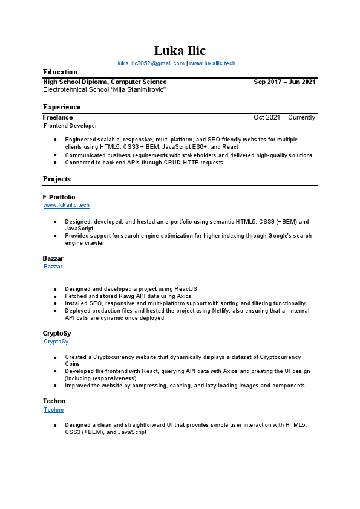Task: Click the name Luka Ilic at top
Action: [x=180, y=50]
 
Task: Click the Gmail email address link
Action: [x=151, y=63]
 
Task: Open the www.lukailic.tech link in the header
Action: [x=212, y=63]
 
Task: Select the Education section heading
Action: [x=60, y=72]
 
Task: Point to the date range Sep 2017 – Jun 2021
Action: [x=284, y=82]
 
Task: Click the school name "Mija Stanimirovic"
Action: [x=104, y=89]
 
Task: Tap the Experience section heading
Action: [x=61, y=107]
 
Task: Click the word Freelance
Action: [x=57, y=117]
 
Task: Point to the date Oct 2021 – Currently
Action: [x=284, y=117]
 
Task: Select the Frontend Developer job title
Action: [x=70, y=126]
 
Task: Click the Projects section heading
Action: [x=57, y=179]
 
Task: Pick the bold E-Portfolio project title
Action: [x=59, y=197]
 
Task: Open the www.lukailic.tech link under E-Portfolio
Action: [x=66, y=205]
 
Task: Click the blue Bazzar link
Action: [x=53, y=267]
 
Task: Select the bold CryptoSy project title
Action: [x=57, y=333]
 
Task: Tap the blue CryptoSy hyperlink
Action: [x=56, y=342]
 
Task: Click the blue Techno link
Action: [x=53, y=410]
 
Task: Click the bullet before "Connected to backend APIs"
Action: [x=55, y=163]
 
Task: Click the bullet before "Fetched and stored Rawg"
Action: [x=55, y=296]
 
